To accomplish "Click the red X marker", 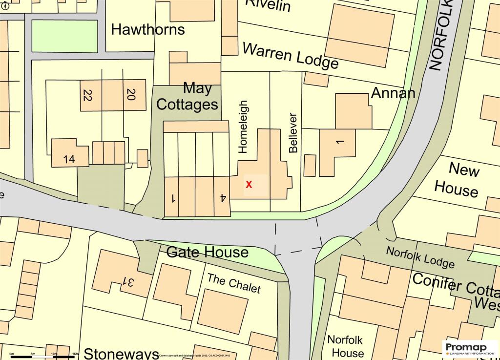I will point(249,185).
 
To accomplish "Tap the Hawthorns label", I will point(148,29).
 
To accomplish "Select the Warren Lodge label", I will point(291,56).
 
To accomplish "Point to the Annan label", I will point(393,92).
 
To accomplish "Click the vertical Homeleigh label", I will point(244,127).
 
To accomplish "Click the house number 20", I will point(130,94).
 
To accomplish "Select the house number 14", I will point(69,159).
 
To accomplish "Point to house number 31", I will point(128,282).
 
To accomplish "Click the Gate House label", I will point(208,253).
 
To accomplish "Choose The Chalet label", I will point(234,283).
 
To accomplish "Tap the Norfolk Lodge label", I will point(420,257).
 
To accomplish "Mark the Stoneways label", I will point(122,354).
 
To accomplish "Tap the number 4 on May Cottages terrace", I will point(223,198).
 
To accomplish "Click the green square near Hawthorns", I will point(64,36).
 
